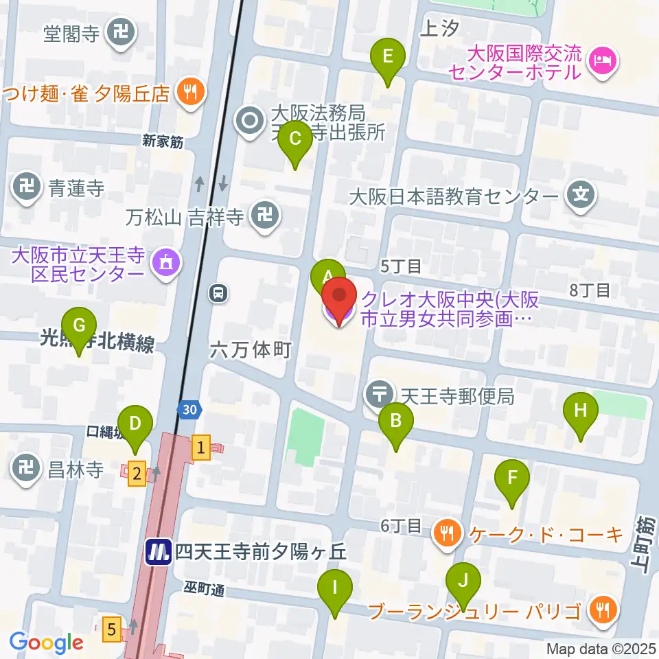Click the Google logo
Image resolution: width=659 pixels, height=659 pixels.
[x=47, y=643]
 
